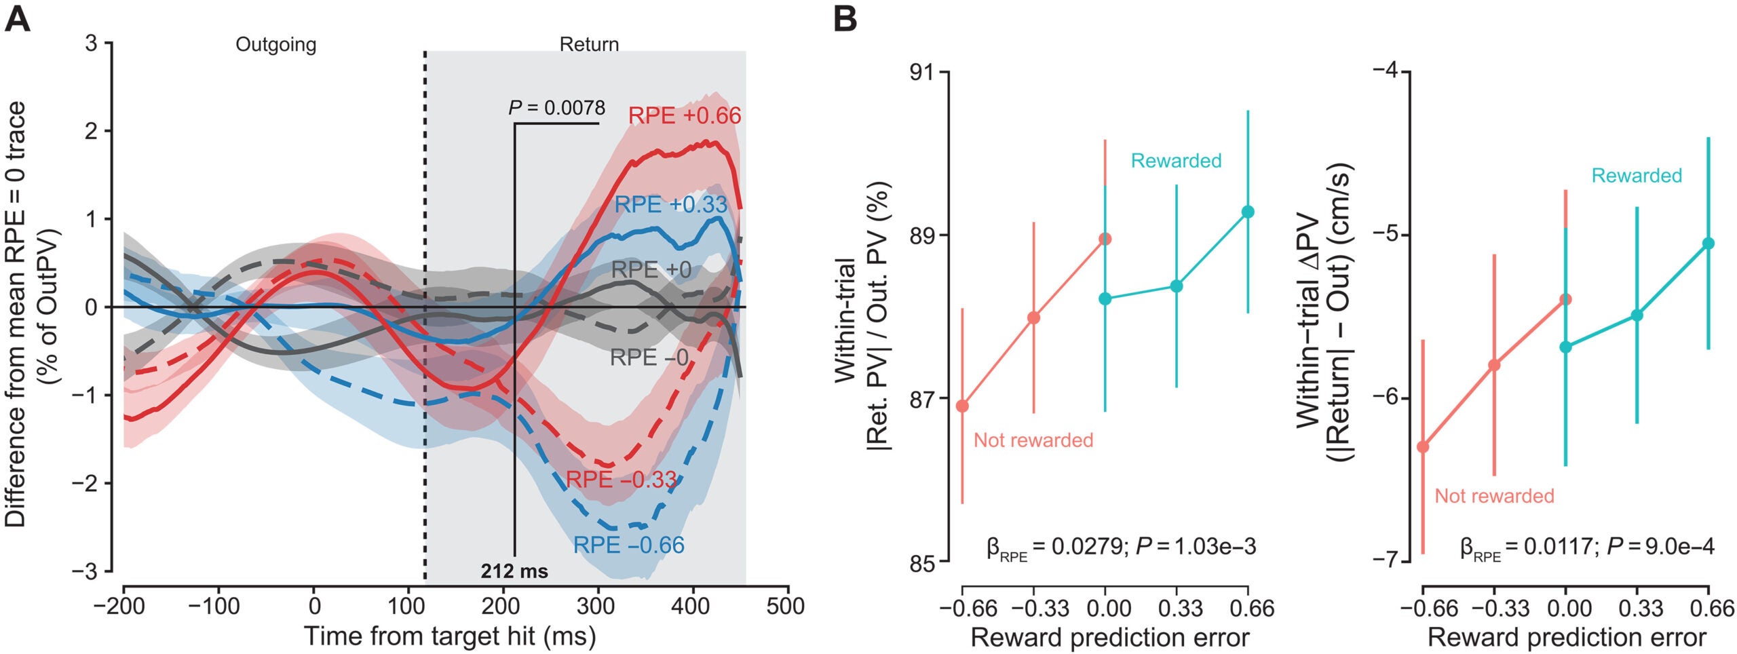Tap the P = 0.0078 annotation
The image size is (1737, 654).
[556, 108]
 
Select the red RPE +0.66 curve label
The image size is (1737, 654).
[684, 116]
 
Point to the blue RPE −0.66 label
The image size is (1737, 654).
[628, 545]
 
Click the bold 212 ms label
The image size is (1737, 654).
[514, 571]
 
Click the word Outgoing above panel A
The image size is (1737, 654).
[275, 45]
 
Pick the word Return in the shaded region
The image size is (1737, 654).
[589, 45]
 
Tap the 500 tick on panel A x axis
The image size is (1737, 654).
[785, 606]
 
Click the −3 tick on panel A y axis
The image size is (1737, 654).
[85, 571]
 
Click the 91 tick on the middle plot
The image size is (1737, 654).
[922, 72]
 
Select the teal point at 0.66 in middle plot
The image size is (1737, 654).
[1248, 212]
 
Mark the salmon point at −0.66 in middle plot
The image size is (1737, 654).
[962, 406]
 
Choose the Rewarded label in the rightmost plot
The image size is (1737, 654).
[1637, 176]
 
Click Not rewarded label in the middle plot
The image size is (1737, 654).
[1033, 440]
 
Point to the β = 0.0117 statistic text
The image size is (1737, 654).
[1586, 547]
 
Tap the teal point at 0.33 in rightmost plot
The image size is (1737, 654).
[1637, 315]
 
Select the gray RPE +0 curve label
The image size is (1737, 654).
[651, 270]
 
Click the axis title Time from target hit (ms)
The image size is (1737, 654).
[449, 636]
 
